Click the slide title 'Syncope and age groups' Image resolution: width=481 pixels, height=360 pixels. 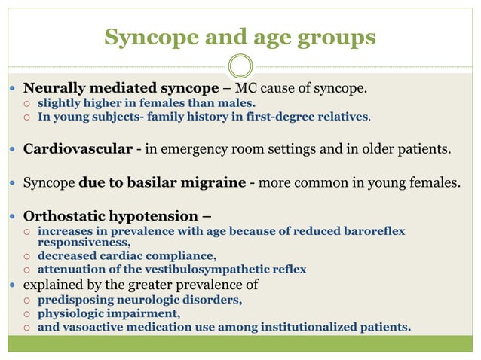tap(240, 37)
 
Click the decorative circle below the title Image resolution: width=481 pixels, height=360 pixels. tap(240, 66)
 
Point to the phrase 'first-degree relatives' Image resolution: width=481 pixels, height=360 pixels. tap(310, 117)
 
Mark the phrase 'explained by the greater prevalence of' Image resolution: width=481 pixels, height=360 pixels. tap(141, 285)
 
